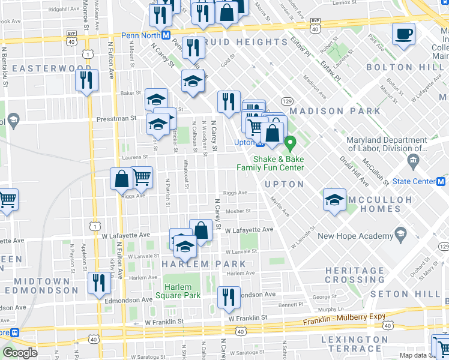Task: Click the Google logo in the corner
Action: [x=20, y=353]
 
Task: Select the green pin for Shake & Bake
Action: [x=291, y=144]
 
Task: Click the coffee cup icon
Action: [x=403, y=34]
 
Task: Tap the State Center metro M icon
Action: [x=441, y=181]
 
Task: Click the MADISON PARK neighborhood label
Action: [x=334, y=111]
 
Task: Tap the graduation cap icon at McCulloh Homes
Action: [x=334, y=200]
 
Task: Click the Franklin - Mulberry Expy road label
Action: [x=340, y=322]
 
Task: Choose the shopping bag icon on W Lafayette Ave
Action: [x=201, y=230]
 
